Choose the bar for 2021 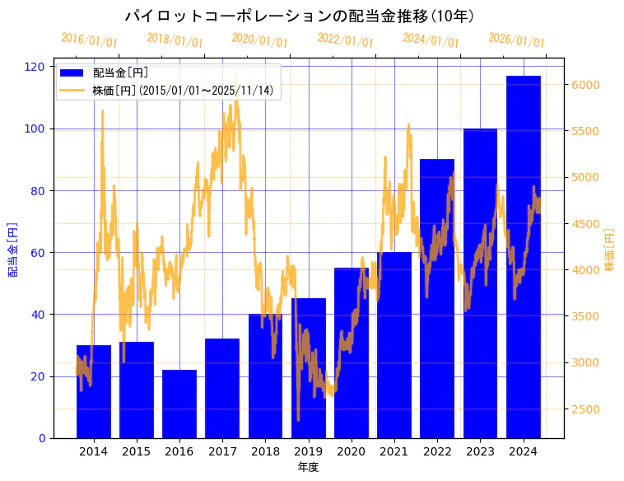tap(394, 345)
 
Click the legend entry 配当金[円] tap(121, 73)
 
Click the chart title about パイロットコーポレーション tap(299, 16)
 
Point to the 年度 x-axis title tap(308, 467)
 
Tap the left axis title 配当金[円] tap(13, 249)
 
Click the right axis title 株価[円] tap(610, 250)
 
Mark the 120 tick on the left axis tap(37, 67)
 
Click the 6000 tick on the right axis tap(586, 85)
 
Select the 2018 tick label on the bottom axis tap(265, 451)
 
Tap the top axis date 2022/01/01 tap(345, 40)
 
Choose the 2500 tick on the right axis tap(586, 409)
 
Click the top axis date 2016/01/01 tap(89, 40)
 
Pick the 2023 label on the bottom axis tap(480, 451)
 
